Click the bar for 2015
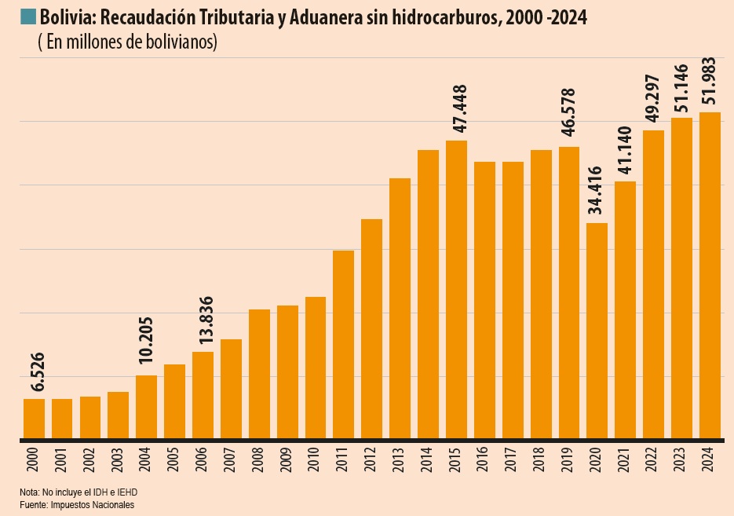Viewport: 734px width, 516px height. (456, 289)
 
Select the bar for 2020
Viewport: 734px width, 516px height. (597, 330)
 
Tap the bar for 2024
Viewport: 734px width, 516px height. (710, 275)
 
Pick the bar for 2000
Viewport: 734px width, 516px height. (34, 418)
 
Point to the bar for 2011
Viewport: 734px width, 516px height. (343, 344)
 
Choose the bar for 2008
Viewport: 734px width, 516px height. (259, 373)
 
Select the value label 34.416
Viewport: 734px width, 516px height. (596, 191)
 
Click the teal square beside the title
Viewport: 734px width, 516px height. (28, 16)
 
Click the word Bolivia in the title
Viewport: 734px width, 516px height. (62, 17)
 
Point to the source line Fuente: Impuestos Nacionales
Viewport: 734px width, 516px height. (77, 504)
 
